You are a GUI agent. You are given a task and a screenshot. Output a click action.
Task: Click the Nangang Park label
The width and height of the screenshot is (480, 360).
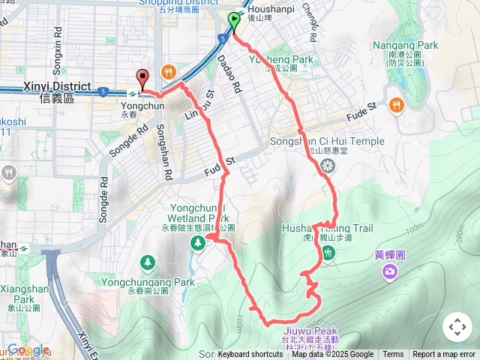point(405,45)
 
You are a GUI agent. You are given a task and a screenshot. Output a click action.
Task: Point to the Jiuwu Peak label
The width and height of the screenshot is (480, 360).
point(310,331)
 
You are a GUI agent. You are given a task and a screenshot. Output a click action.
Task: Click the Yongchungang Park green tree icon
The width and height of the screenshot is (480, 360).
point(148,263)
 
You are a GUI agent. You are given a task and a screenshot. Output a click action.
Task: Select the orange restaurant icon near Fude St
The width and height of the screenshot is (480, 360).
point(396,104)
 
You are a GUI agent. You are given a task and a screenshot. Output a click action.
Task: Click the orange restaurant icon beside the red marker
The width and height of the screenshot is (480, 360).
point(168,73)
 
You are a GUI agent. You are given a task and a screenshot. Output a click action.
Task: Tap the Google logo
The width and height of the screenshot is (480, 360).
point(26,350)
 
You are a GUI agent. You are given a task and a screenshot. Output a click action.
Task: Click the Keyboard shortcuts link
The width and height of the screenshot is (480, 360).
point(250,355)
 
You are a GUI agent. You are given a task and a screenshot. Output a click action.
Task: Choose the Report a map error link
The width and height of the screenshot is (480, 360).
point(445,355)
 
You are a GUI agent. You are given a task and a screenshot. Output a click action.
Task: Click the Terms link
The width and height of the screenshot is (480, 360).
point(393,355)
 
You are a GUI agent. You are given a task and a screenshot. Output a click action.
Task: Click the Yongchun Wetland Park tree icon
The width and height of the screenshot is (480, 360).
point(198,241)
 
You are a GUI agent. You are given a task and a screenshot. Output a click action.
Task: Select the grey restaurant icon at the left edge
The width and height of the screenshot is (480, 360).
point(8,173)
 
